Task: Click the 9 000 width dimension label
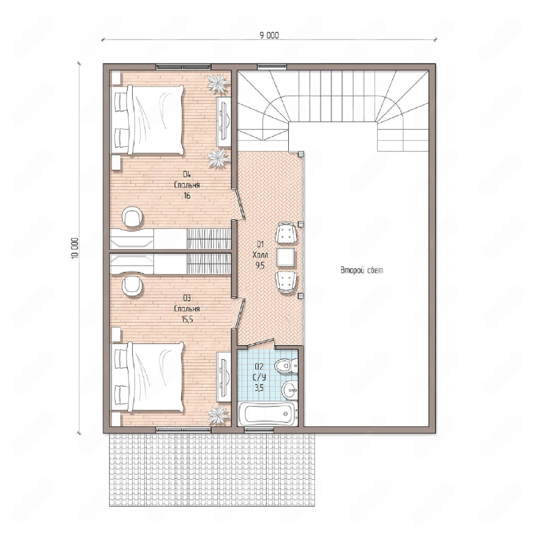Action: pyautogui.click(x=269, y=35)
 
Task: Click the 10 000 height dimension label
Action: pyautogui.click(x=74, y=248)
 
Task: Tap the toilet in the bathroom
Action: pyautogui.click(x=286, y=366)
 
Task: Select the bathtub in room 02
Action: pyautogui.click(x=267, y=414)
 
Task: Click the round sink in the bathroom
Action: pyautogui.click(x=290, y=389)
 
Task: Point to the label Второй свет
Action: pyautogui.click(x=362, y=270)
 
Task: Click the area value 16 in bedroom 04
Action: pyautogui.click(x=187, y=196)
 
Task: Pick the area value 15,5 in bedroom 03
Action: pyautogui.click(x=187, y=319)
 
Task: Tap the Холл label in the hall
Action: pyautogui.click(x=260, y=255)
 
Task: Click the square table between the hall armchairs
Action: pyautogui.click(x=285, y=257)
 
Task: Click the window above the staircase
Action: pyautogui.click(x=272, y=66)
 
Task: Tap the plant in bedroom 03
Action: pyautogui.click(x=218, y=415)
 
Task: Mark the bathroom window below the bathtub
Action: pyautogui.click(x=259, y=430)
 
